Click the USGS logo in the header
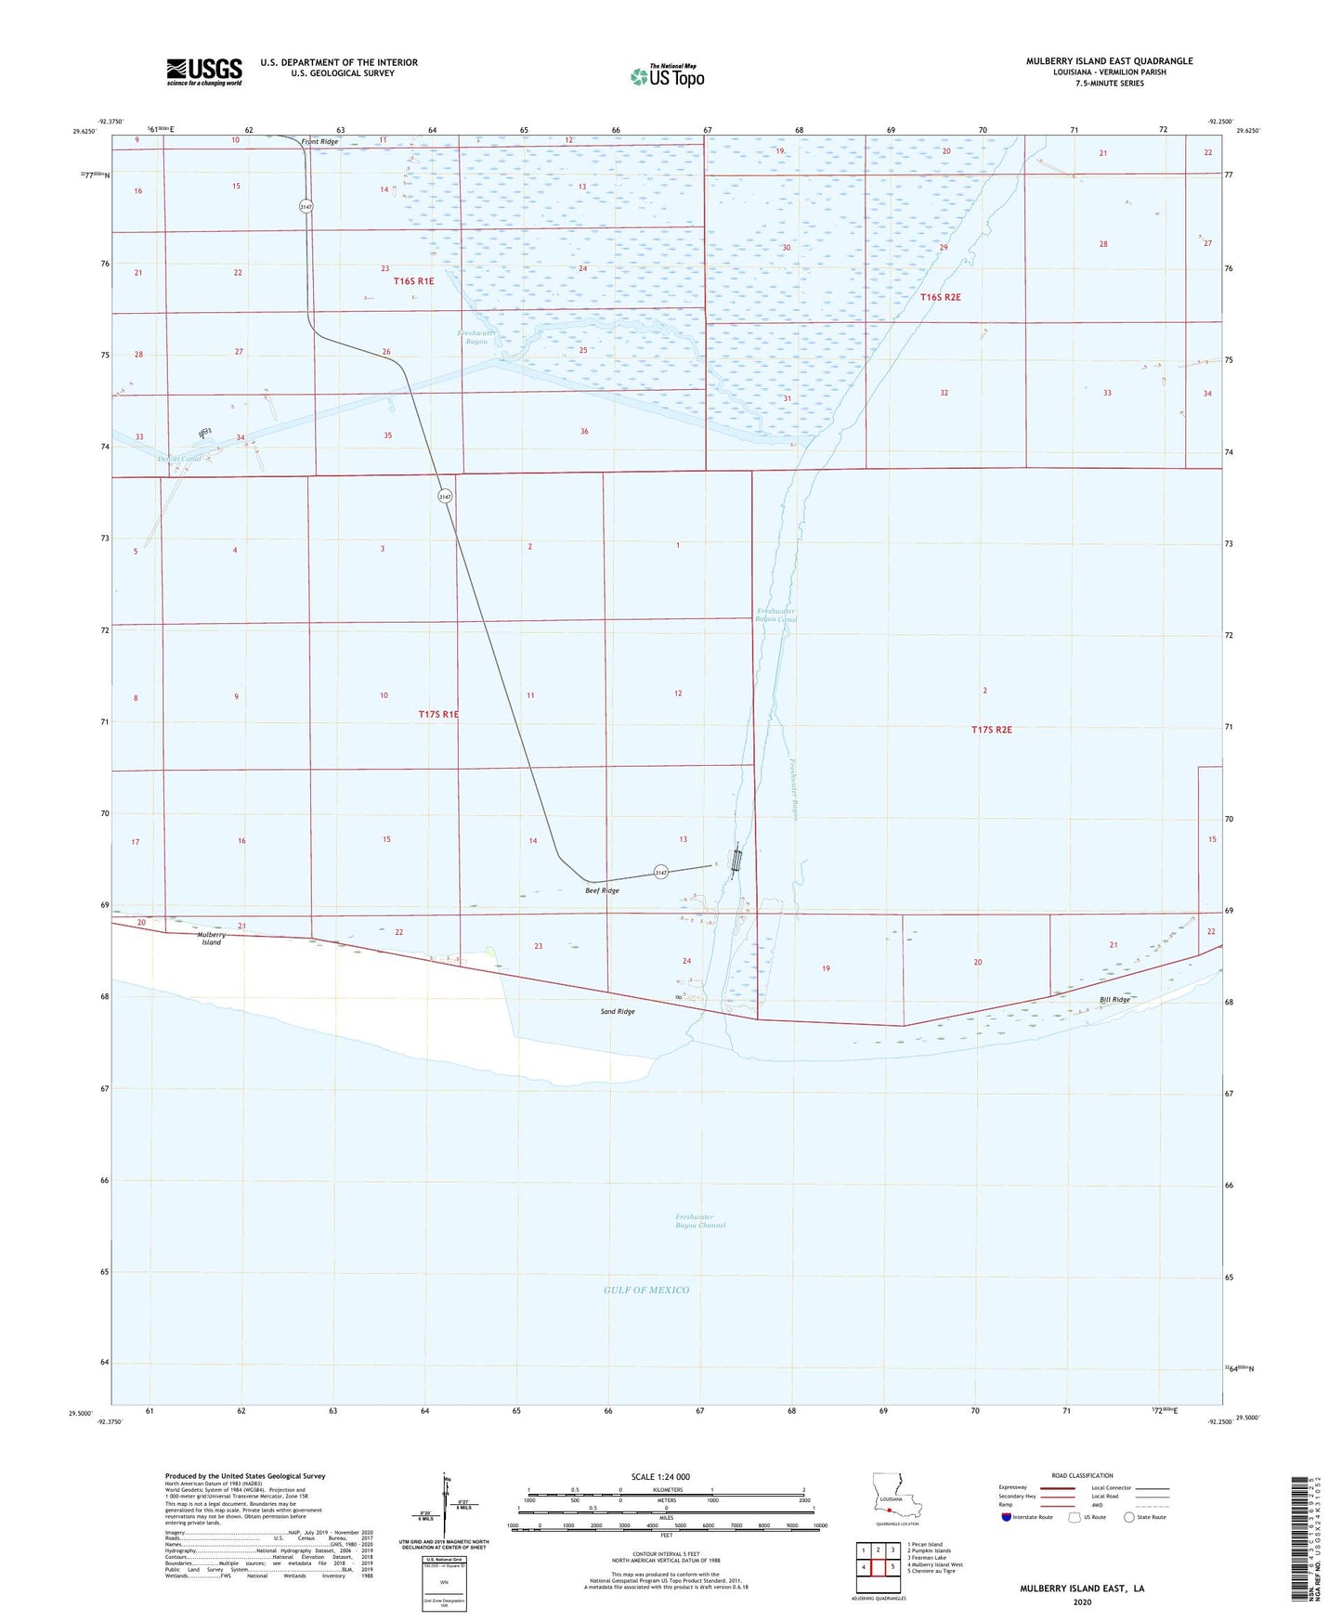click(204, 71)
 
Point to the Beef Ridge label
click(602, 890)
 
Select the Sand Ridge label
click(618, 1011)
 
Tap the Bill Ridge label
click(1114, 1000)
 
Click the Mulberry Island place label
click(212, 939)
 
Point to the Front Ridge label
click(319, 141)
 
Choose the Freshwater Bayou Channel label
click(700, 1221)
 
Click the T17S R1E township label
click(438, 714)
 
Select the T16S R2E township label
click(940, 297)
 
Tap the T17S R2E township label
click(991, 730)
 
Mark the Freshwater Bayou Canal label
click(776, 615)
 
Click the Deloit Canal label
click(179, 459)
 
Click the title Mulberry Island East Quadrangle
click(1109, 61)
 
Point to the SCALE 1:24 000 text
click(659, 1476)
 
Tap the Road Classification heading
click(1082, 1475)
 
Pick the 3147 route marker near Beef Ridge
click(660, 873)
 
